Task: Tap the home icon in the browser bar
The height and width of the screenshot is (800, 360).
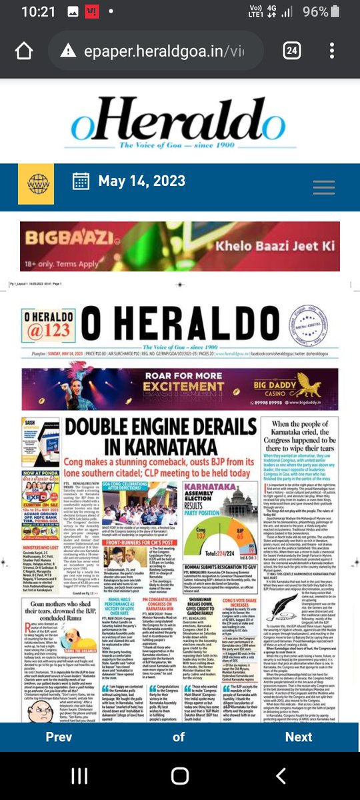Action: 24,51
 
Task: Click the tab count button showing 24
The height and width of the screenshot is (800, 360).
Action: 292,51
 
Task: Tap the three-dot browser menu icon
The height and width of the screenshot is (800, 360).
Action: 332,51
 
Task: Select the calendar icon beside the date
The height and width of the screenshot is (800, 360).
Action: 81,181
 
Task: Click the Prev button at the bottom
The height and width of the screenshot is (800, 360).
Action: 59,737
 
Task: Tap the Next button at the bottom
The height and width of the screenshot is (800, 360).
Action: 298,737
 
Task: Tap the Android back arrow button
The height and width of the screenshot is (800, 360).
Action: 281,775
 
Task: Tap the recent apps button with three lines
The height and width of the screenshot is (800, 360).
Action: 79,775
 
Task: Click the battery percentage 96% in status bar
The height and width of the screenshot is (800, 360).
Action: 315,12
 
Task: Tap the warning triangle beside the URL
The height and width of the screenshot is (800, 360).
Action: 68,51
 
